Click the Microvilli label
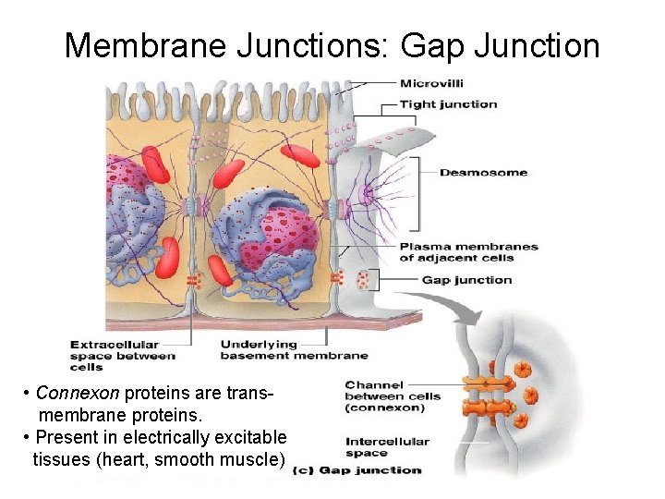tap(430, 83)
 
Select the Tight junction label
tap(448, 104)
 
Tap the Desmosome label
tap(483, 173)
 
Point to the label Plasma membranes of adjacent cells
tap(468, 252)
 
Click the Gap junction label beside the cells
tap(466, 280)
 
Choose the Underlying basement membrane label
tap(294, 349)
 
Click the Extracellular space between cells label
tap(122, 356)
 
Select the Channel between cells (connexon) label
tap(393, 396)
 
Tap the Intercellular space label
tap(387, 446)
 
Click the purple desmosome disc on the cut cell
tap(367, 194)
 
